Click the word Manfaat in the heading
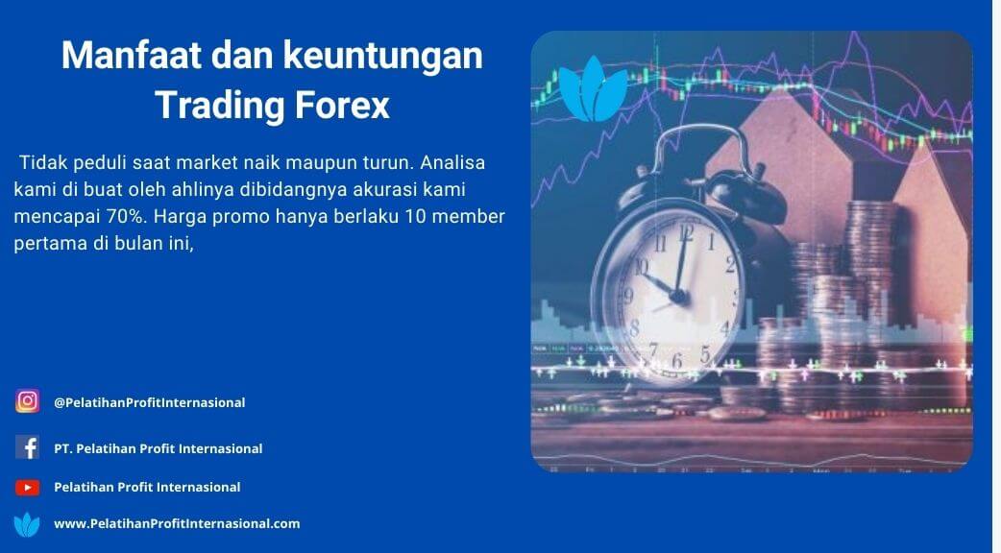pyautogui.click(x=132, y=56)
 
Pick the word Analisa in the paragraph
pyautogui.click(x=452, y=162)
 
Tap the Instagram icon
pyautogui.click(x=28, y=401)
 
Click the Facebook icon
pyautogui.click(x=28, y=447)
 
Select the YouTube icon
pyautogui.click(x=28, y=488)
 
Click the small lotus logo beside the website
pyautogui.click(x=27, y=524)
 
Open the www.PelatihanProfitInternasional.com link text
pyautogui.click(x=177, y=523)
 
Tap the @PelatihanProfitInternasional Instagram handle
pyautogui.click(x=150, y=402)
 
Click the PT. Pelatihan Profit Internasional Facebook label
pyautogui.click(x=159, y=448)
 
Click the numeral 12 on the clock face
pyautogui.click(x=686, y=231)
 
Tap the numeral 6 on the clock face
pyautogui.click(x=676, y=361)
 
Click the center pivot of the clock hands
pyautogui.click(x=678, y=296)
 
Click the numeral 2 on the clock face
pyautogui.click(x=730, y=263)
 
